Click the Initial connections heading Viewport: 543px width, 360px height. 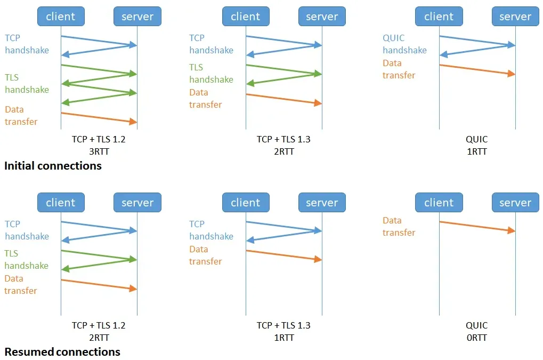coord(53,166)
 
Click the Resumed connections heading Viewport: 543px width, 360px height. coord(62,352)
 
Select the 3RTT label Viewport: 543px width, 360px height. coord(99,151)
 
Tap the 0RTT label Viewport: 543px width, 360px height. coord(476,338)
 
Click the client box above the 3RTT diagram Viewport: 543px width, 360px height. coord(61,17)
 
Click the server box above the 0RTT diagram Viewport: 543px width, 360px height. coord(515,203)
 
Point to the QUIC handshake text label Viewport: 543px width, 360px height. coord(404,44)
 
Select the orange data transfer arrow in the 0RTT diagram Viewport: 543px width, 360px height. coord(477,226)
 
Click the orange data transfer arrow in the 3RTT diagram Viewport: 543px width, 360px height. coord(99,118)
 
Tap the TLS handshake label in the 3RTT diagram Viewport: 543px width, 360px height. coord(27,84)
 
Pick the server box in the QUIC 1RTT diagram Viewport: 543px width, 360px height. coord(515,17)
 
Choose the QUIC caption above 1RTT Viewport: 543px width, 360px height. coord(476,140)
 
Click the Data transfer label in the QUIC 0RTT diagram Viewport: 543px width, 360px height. coord(399,227)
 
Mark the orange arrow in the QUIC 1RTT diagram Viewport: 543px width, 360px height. coord(477,69)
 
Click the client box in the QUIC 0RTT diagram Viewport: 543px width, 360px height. coord(439,203)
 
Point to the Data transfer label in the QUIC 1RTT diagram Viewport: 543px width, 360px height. coord(399,69)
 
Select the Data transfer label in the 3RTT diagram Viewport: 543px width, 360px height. coord(21,116)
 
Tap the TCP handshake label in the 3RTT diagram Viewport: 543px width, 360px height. coord(27,44)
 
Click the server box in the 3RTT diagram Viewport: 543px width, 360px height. coord(137,17)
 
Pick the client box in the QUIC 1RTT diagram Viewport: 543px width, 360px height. coord(439,17)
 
